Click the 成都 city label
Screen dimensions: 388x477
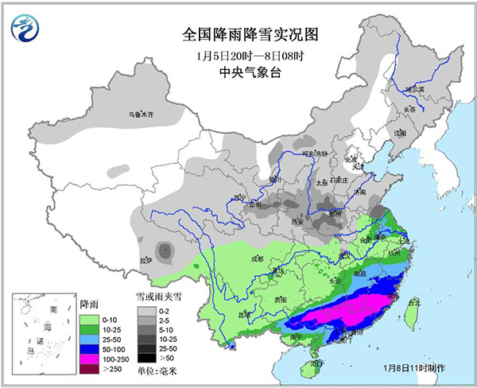(254, 258)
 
